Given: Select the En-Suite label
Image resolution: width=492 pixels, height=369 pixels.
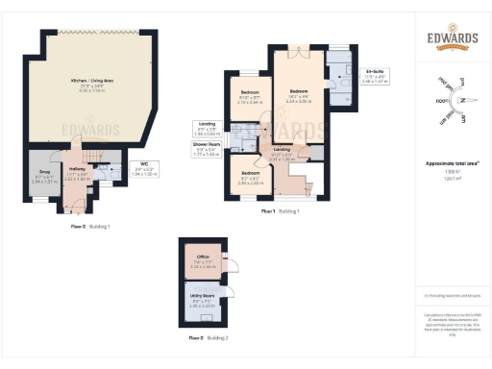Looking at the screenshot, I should pyautogui.click(x=375, y=75).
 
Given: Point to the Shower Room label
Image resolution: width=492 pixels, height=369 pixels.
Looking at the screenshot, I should pyautogui.click(x=206, y=150).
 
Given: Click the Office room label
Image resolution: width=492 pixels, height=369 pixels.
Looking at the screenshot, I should pyautogui.click(x=202, y=258).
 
